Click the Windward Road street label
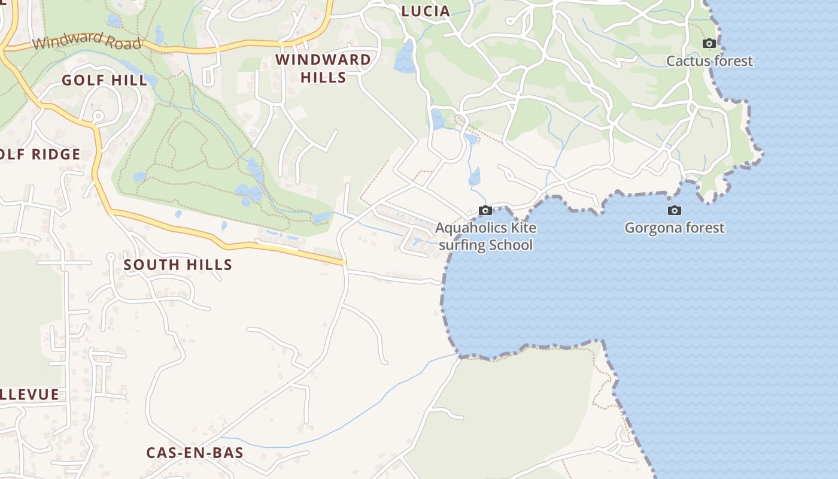(x=87, y=43)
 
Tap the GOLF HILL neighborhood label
(x=105, y=80)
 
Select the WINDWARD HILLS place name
(x=323, y=68)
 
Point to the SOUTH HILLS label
(x=178, y=265)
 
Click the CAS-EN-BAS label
(x=195, y=453)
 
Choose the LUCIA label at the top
(x=426, y=11)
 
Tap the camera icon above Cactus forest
(x=709, y=43)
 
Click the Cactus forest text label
(x=709, y=61)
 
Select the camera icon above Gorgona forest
(x=675, y=210)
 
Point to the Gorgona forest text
(x=675, y=228)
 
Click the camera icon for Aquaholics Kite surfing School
(x=485, y=210)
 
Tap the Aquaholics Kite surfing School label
(x=485, y=236)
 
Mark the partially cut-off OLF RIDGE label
(x=40, y=154)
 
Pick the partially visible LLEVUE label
(x=30, y=395)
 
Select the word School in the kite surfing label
(x=511, y=245)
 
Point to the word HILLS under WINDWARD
(x=323, y=77)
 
